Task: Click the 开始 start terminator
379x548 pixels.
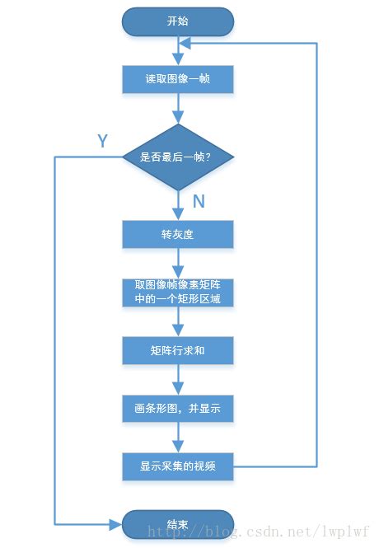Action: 178,21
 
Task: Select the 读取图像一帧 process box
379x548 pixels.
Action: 178,79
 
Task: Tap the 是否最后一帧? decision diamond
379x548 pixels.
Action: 178,157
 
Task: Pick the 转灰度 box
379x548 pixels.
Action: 178,234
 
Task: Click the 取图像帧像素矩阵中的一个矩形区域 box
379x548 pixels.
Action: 178,292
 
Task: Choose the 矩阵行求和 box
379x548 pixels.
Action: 178,350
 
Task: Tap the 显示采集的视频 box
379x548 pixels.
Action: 178,466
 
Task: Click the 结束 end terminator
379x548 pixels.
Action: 178,524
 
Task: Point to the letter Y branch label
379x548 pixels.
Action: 102,141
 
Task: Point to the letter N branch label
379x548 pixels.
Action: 199,201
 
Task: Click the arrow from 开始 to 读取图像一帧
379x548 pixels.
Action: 178,51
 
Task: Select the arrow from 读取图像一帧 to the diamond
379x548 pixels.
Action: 178,109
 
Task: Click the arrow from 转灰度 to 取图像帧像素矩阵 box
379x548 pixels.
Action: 178,263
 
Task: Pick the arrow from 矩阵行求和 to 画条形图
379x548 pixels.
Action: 178,379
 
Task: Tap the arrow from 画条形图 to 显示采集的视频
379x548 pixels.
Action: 178,438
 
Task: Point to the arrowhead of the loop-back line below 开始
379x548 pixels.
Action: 185,43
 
